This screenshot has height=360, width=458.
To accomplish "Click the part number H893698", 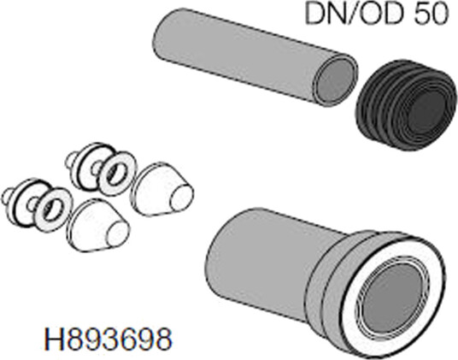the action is (108, 339).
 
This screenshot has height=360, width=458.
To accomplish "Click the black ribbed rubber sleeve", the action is (406, 105).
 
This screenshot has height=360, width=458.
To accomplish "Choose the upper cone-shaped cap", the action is (161, 189).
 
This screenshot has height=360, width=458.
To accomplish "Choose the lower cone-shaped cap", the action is (98, 226).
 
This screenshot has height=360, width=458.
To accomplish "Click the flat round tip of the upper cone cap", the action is (183, 198).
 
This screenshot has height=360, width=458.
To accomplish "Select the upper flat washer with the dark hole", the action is (118, 174).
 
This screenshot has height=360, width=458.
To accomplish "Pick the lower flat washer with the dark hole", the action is (53, 210).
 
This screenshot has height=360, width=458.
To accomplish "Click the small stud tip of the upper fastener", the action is (70, 160).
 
